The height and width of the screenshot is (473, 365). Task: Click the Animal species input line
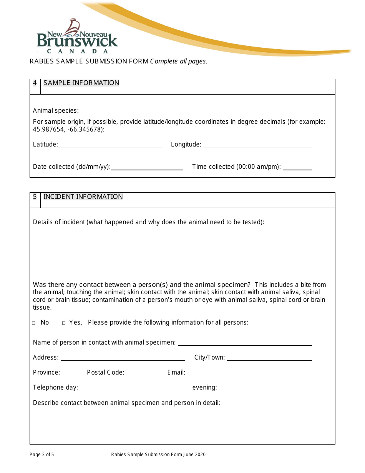[x=196, y=111]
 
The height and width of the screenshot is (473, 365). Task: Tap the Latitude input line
[x=109, y=145]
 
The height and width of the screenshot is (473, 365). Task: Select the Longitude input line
[x=257, y=145]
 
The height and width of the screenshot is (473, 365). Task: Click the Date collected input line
[x=147, y=167]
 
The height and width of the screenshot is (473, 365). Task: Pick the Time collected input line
[x=297, y=167]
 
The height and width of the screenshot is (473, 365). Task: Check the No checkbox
[x=34, y=323]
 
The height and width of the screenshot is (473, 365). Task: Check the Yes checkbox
[x=64, y=323]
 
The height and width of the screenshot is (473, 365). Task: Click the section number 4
[x=35, y=83]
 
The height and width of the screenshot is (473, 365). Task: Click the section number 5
[x=35, y=197]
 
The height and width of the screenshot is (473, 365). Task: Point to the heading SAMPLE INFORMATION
[x=81, y=83]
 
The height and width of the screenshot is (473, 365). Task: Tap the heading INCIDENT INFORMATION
[x=83, y=197]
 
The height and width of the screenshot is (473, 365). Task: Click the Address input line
[x=123, y=358]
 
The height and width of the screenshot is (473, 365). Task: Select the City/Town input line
[x=269, y=358]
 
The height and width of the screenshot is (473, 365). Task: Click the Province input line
[x=70, y=373]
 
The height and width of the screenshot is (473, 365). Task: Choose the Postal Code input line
[x=144, y=373]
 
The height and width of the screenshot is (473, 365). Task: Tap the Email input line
[x=249, y=373]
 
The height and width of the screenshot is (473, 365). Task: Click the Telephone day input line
[x=133, y=388]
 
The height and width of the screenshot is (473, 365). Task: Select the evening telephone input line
[x=265, y=388]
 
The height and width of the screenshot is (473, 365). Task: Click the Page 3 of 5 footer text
[x=42, y=455]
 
